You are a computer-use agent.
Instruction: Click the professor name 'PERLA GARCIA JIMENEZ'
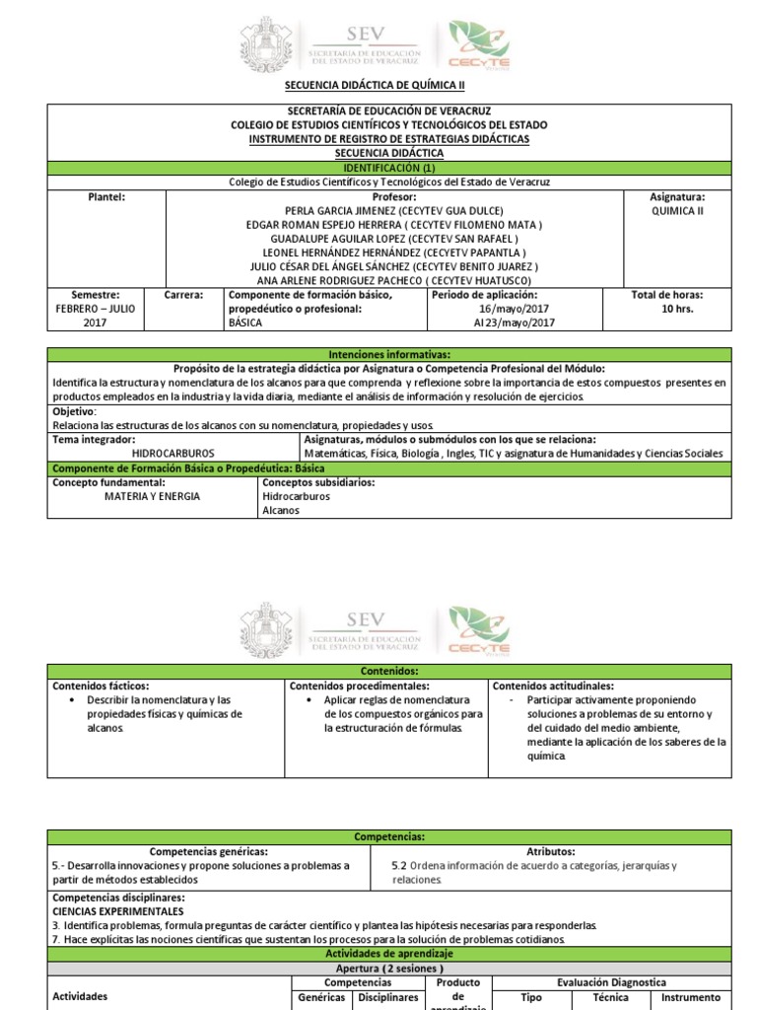pos(393,211)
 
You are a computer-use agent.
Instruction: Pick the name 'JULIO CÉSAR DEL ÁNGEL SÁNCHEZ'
pos(393,266)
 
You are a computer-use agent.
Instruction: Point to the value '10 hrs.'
pos(677,309)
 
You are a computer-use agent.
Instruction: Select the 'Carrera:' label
pos(183,295)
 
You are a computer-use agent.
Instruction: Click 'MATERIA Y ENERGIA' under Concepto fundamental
pos(152,496)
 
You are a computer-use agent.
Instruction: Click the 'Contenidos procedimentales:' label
pos(359,685)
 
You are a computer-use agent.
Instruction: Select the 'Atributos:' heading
pos(551,851)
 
